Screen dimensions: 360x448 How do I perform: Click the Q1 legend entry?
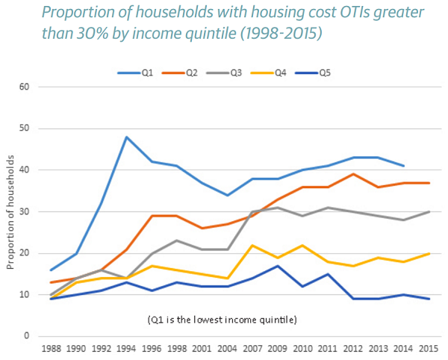(x=137, y=73)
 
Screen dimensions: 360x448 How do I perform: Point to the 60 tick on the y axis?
(x=24, y=87)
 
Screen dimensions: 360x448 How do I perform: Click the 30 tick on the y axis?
(x=24, y=211)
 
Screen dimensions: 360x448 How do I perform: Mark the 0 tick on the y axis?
(x=26, y=337)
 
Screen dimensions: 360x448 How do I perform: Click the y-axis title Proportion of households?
(x=10, y=211)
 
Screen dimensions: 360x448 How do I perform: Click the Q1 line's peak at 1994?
(x=128, y=137)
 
